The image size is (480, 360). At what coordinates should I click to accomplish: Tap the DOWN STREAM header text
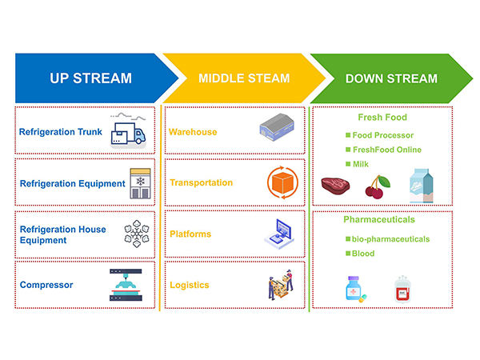[x=391, y=78]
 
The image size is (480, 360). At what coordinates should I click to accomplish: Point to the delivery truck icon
[x=127, y=131]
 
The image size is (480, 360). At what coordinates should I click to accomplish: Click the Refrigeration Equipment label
[x=73, y=183]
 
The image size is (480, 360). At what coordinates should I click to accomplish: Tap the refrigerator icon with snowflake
[x=140, y=182]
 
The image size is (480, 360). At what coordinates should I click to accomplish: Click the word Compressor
[x=46, y=284]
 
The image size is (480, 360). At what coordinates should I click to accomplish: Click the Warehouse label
[x=193, y=132]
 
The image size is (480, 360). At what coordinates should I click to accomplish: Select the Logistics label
[x=190, y=285]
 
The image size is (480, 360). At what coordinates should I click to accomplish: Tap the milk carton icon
[x=421, y=185]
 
